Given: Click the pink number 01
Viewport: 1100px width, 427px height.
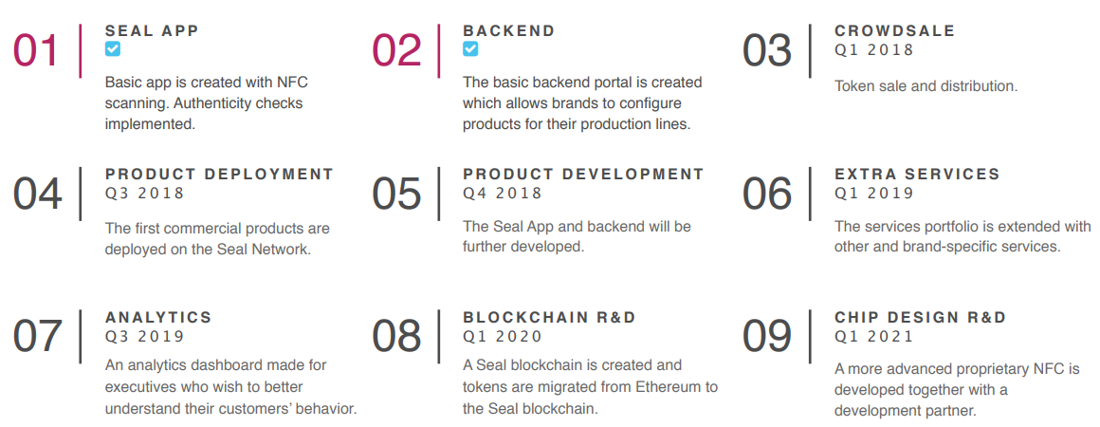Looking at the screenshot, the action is point(36,50).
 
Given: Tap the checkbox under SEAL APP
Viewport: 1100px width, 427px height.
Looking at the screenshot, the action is point(112,48).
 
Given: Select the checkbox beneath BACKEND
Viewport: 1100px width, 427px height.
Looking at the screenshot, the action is point(470,48).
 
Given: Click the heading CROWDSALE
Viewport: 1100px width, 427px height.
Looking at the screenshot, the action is point(894,31).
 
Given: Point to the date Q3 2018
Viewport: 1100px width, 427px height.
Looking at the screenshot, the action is point(144,194).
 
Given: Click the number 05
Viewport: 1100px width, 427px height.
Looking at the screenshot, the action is point(396,194).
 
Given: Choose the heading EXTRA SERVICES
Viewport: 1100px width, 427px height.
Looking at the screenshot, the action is point(917,175).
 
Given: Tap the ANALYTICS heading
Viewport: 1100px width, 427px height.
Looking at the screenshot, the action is point(158,318).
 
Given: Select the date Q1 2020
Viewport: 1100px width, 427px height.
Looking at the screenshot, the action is point(503,337).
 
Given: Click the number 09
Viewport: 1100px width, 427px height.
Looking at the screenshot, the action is point(767,337).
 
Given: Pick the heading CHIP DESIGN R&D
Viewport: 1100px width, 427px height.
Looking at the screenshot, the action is point(920,318).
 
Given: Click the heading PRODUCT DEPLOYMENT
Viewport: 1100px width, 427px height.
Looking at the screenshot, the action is point(220,175).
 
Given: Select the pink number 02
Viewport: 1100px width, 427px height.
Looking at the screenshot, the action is point(396,50).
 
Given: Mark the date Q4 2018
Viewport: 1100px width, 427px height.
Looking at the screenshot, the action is point(503,194).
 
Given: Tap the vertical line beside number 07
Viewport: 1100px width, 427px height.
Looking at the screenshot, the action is point(80,337).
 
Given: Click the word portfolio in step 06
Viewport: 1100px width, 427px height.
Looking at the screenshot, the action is point(940,227).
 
